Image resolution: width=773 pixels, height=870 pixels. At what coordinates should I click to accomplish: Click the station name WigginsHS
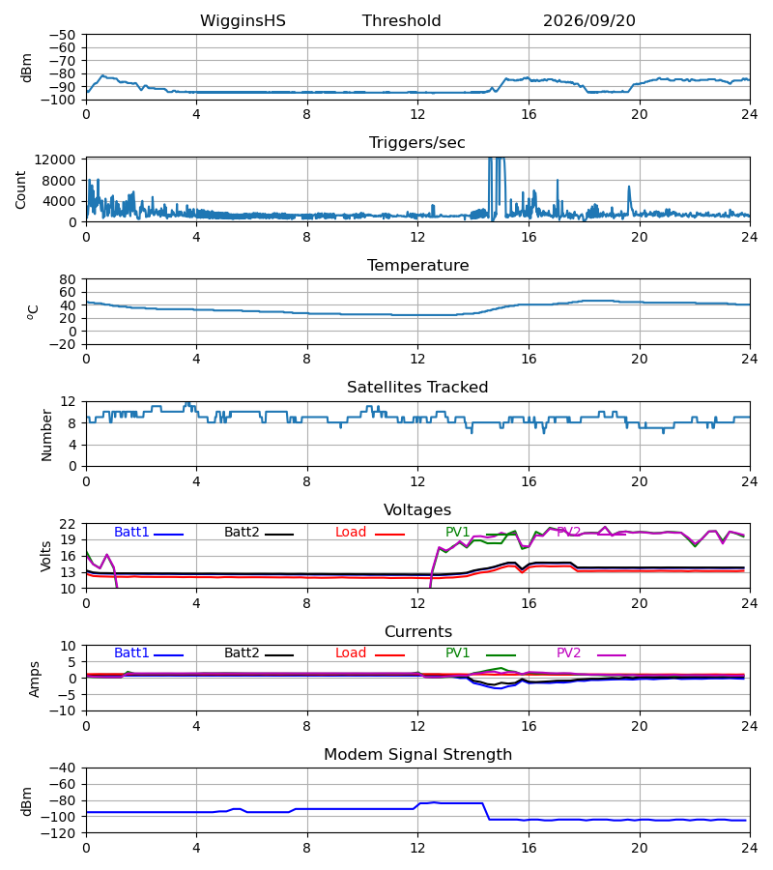pyautogui.click(x=243, y=21)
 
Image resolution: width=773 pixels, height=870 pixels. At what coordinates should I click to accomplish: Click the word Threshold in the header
pyautogui.click(x=401, y=21)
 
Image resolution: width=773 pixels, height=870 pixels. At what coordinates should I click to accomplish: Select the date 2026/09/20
pyautogui.click(x=588, y=21)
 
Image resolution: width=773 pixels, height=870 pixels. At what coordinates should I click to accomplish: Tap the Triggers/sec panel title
pyautogui.click(x=417, y=143)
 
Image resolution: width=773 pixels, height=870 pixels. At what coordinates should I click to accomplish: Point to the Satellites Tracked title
pyautogui.click(x=417, y=388)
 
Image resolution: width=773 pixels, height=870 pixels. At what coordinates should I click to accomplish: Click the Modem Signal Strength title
pyautogui.click(x=417, y=755)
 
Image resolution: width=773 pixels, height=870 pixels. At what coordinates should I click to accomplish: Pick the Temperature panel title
pyautogui.click(x=417, y=265)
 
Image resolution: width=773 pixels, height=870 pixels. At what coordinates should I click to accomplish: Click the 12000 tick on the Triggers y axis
pyautogui.click(x=55, y=159)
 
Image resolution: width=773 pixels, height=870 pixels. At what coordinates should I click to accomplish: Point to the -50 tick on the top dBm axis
pyautogui.click(x=62, y=35)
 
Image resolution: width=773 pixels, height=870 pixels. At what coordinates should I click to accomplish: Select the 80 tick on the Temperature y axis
pyautogui.click(x=68, y=279)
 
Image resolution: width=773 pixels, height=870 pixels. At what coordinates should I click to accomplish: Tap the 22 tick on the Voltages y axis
pyautogui.click(x=68, y=524)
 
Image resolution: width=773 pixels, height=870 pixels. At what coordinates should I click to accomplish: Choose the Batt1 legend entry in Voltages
pyautogui.click(x=149, y=533)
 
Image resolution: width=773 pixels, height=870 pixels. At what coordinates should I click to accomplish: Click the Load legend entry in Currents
pyautogui.click(x=369, y=653)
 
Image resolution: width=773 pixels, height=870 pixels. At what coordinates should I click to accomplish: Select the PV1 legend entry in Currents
pyautogui.click(x=480, y=653)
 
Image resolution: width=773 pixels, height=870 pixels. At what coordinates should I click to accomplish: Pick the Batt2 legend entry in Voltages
pyautogui.click(x=259, y=533)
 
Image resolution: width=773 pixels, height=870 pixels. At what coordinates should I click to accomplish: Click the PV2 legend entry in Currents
pyautogui.click(x=591, y=653)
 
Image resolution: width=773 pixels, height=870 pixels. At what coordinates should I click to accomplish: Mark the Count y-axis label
pyautogui.click(x=21, y=189)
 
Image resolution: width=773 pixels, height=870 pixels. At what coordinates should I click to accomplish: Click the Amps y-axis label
pyautogui.click(x=35, y=680)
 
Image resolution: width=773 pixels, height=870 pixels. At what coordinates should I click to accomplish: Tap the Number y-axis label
pyautogui.click(x=46, y=435)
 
